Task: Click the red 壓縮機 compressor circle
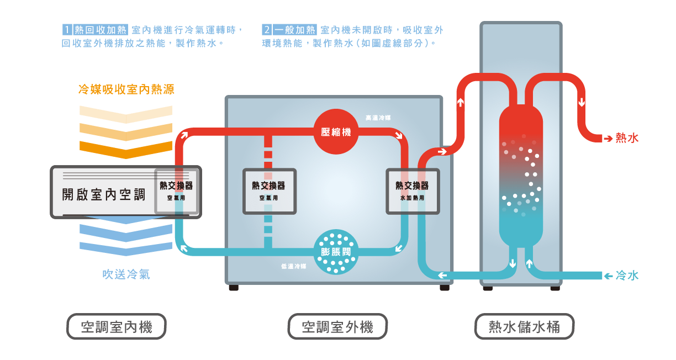tap(336, 132)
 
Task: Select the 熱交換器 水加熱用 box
tap(412, 191)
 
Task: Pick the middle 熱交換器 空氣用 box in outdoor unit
tap(269, 191)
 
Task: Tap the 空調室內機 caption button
tap(117, 327)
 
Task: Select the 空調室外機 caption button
tap(337, 327)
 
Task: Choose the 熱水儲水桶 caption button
tap(524, 327)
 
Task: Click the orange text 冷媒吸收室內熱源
tap(126, 89)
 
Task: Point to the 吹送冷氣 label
tap(126, 274)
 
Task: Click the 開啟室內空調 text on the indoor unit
tap(103, 194)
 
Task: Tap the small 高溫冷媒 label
tap(378, 118)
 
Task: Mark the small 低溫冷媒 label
tap(293, 266)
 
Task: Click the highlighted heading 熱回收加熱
tap(101, 30)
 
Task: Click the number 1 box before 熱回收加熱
tap(67, 30)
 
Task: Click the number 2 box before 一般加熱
tap(267, 30)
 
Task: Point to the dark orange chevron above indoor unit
tap(126, 148)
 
